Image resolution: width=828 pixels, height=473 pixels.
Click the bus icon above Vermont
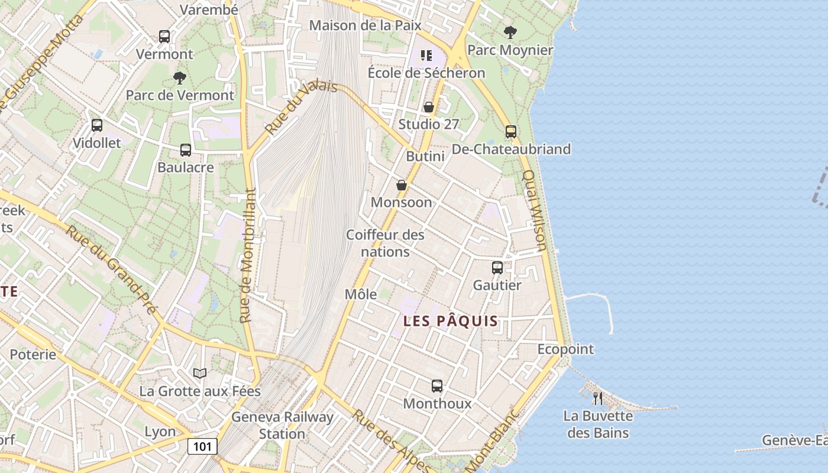click(164, 37)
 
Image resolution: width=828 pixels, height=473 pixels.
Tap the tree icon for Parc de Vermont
click(180, 77)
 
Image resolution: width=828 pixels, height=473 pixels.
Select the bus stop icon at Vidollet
click(97, 125)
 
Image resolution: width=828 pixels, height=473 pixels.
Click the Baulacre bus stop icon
click(186, 150)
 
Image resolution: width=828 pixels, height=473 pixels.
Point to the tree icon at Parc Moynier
click(510, 33)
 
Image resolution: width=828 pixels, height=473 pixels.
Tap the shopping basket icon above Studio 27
click(429, 107)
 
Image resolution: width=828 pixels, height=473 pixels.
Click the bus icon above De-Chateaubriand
click(511, 132)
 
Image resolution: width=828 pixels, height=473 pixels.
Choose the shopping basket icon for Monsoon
click(401, 185)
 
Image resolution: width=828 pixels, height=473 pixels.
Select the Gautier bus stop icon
click(497, 268)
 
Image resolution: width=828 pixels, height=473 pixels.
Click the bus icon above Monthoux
click(437, 386)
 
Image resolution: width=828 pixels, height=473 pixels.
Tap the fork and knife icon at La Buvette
click(598, 399)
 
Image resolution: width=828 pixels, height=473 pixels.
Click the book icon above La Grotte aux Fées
click(200, 373)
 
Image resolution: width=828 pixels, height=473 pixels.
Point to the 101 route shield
click(202, 446)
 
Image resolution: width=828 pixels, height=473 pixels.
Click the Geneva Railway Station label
click(282, 425)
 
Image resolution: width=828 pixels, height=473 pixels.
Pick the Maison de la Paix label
click(365, 25)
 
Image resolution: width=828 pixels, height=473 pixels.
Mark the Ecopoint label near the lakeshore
click(565, 349)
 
